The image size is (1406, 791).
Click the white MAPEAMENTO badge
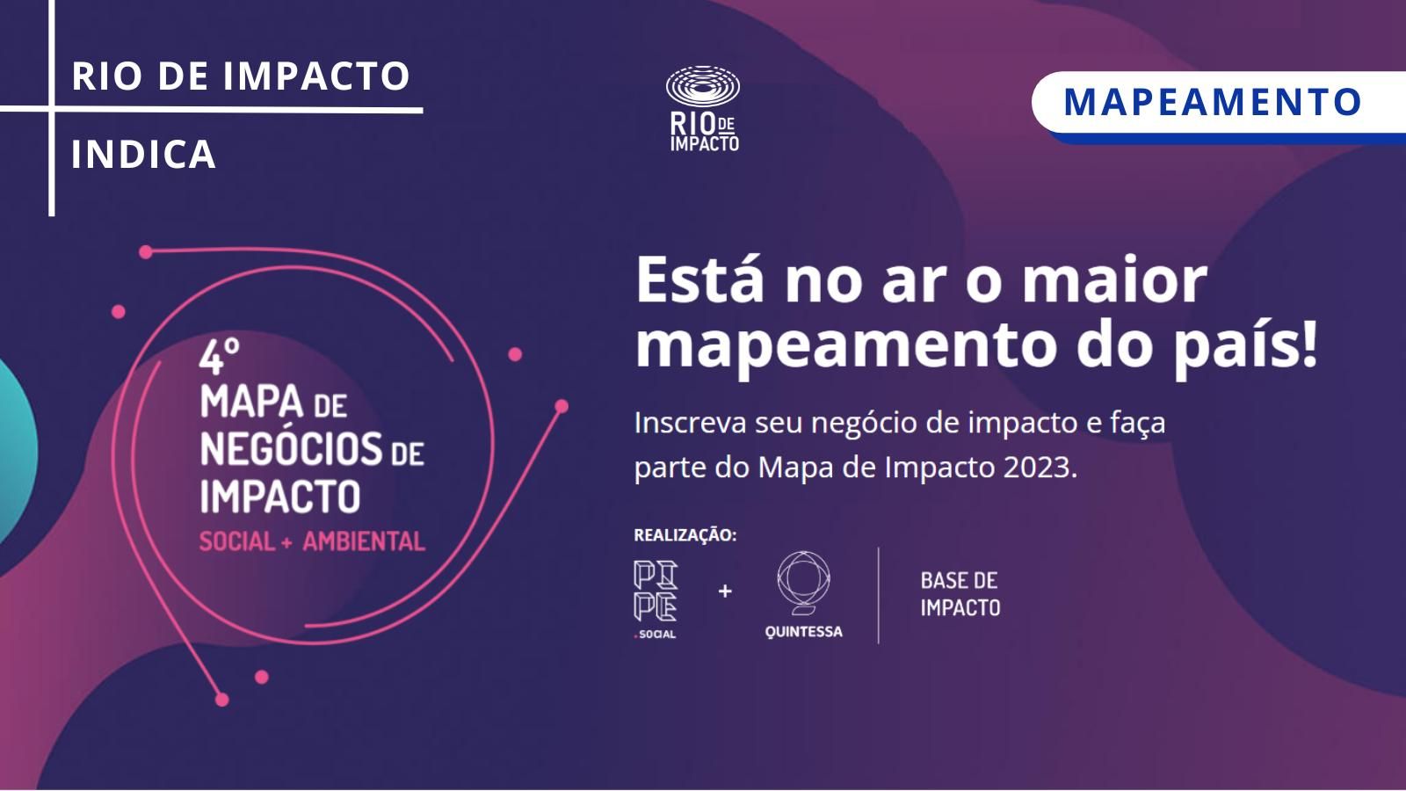1218,102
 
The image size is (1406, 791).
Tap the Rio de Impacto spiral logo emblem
703,86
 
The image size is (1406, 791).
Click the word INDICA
144,155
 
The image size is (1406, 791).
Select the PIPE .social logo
656,599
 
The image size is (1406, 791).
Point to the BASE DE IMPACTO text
960,594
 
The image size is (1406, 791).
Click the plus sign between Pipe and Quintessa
725,591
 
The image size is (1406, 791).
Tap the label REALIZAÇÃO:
685,535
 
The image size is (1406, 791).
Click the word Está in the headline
700,279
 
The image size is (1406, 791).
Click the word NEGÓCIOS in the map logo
291,449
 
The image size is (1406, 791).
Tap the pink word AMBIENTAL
364,541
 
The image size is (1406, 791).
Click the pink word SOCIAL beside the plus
237,541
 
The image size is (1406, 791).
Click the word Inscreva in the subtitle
691,423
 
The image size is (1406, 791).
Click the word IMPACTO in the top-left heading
316,76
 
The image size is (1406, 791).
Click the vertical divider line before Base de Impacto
878,595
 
